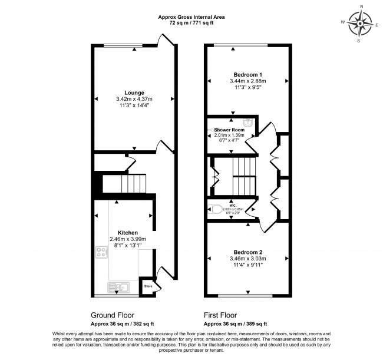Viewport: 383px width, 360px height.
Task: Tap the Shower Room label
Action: point(229,130)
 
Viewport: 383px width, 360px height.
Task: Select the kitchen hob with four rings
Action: point(100,255)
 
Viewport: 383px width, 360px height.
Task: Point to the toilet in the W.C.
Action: point(214,209)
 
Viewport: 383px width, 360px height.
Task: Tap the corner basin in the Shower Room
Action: point(249,123)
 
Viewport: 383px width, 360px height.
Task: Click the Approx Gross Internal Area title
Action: point(191,17)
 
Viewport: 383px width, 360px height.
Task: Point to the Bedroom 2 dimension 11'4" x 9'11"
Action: point(247,265)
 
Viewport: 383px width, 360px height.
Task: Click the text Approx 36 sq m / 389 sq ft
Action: point(235,324)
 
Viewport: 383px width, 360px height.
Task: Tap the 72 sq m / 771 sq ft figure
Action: point(191,24)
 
